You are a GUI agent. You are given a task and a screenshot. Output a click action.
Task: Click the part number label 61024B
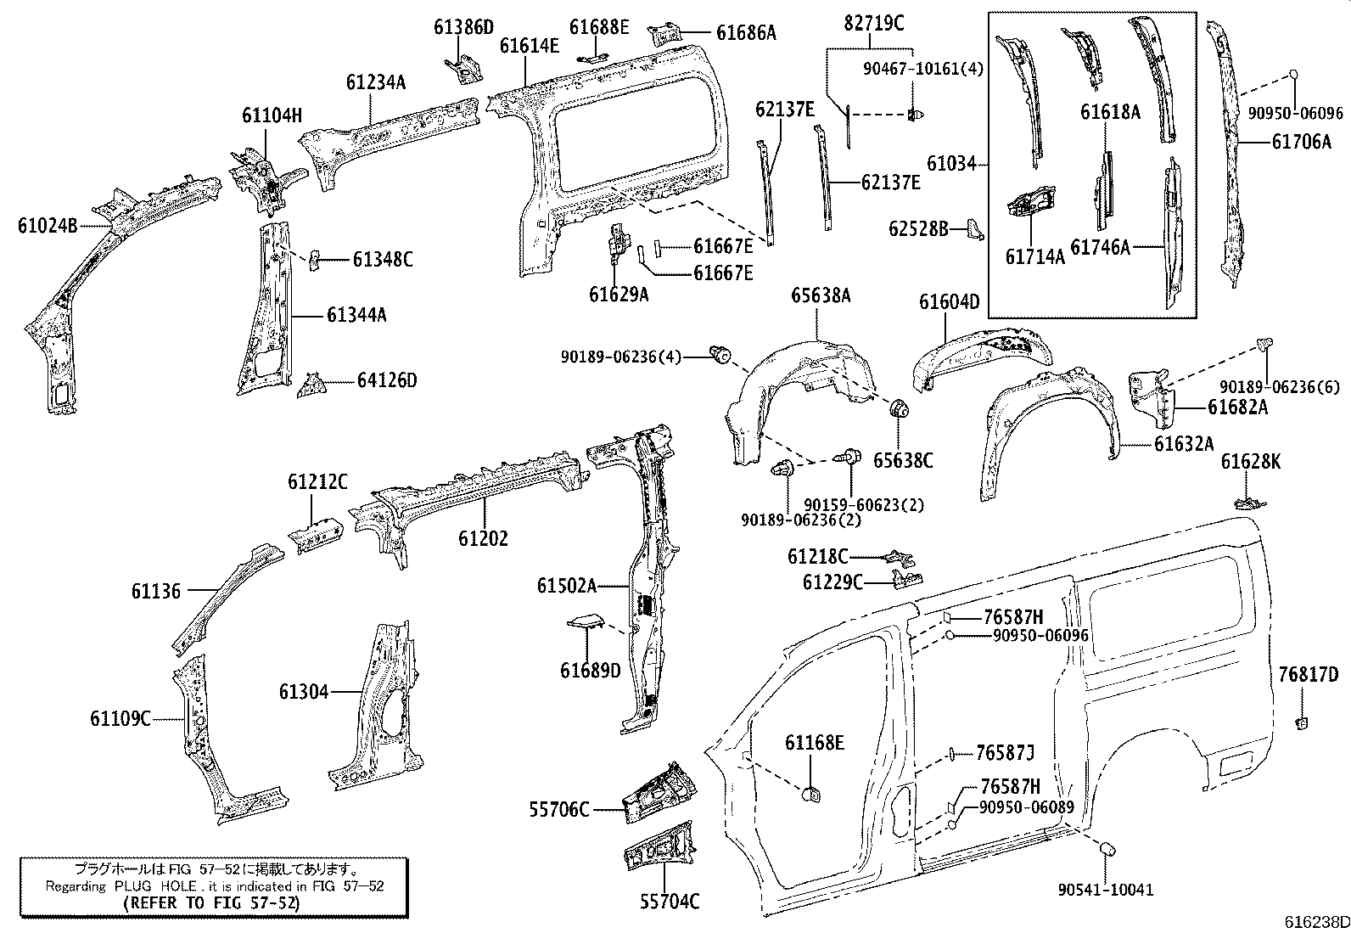[x=47, y=226]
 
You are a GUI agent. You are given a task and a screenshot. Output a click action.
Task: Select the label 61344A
[x=356, y=315]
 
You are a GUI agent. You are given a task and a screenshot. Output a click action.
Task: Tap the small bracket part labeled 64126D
[x=311, y=385]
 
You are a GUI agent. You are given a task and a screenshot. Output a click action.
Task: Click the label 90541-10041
[x=1106, y=889]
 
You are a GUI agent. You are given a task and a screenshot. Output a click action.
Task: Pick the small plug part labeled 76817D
[x=1301, y=722]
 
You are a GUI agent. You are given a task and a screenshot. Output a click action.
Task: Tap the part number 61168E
[x=814, y=743]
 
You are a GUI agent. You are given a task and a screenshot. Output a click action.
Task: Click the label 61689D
[x=590, y=671]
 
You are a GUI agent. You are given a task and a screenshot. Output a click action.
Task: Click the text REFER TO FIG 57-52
[x=212, y=903]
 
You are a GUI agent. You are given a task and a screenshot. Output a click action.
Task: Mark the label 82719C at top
[x=873, y=24]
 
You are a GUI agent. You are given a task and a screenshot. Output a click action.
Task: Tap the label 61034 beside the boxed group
[x=951, y=162]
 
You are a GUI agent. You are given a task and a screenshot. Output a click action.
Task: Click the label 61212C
[x=317, y=482]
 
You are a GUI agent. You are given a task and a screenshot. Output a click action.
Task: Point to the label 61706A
[x=1301, y=143]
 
